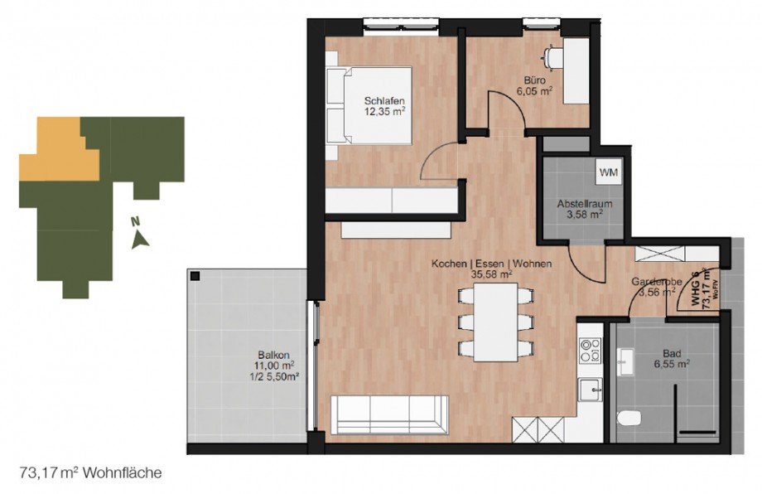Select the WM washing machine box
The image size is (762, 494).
pos(608,172)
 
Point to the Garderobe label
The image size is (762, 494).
pos(656,281)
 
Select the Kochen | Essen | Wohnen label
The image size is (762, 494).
pos(490,264)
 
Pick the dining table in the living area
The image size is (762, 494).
pos(495,322)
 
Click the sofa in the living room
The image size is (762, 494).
pos(389,414)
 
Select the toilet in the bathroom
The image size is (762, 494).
pos(630,417)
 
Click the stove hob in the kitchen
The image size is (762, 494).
pos(591,351)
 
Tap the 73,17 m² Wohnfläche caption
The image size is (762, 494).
pos(89,473)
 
